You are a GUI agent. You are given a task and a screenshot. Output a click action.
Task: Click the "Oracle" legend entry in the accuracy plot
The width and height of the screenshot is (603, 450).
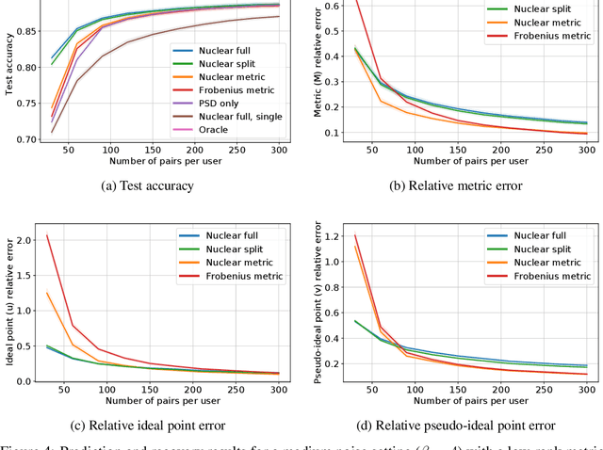coord(221,130)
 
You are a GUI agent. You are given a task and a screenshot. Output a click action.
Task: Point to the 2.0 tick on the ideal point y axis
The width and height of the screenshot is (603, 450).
coord(25,240)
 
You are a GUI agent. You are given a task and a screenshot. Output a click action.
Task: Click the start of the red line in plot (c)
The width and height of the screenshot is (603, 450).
coord(47,235)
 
